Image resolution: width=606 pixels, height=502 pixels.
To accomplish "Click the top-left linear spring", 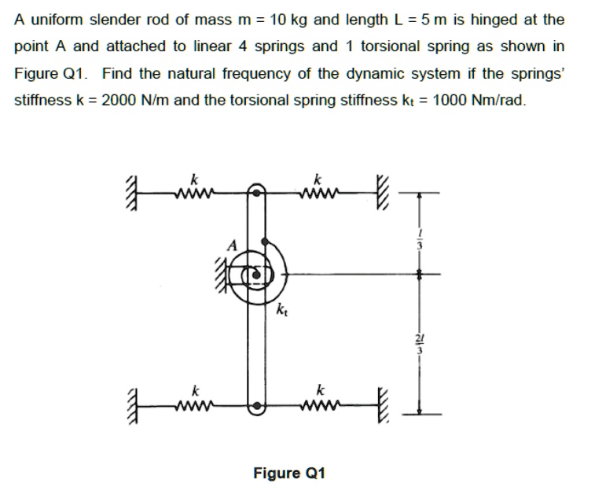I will [193, 191].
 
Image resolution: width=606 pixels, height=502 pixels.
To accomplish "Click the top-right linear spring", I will [318, 191].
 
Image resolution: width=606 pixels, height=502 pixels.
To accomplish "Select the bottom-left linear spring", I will [193, 407].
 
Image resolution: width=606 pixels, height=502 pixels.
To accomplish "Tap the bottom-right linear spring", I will [318, 407].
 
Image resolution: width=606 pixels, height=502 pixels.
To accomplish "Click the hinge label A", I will [231, 245].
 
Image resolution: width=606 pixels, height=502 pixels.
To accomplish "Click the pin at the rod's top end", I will [256, 190].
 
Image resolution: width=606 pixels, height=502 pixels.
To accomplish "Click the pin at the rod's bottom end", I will [256, 407].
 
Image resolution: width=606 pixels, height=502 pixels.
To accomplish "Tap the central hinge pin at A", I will [255, 274].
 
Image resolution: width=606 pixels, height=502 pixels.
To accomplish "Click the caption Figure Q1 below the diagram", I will [288, 473].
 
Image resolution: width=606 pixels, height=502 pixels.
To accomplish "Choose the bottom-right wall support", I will [383, 407].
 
